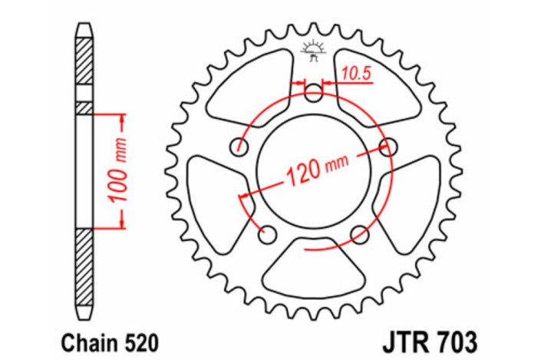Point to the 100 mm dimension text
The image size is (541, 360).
coord(115,171)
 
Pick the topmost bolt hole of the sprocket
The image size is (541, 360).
coord(313,95)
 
